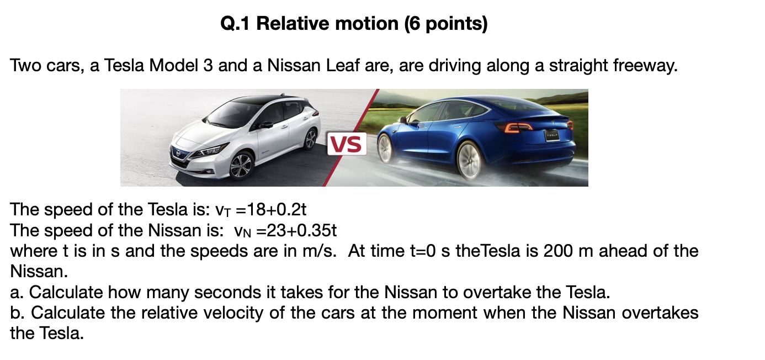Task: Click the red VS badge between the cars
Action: [347, 145]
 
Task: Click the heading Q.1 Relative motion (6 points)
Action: [353, 24]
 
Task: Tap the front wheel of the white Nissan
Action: [241, 165]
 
